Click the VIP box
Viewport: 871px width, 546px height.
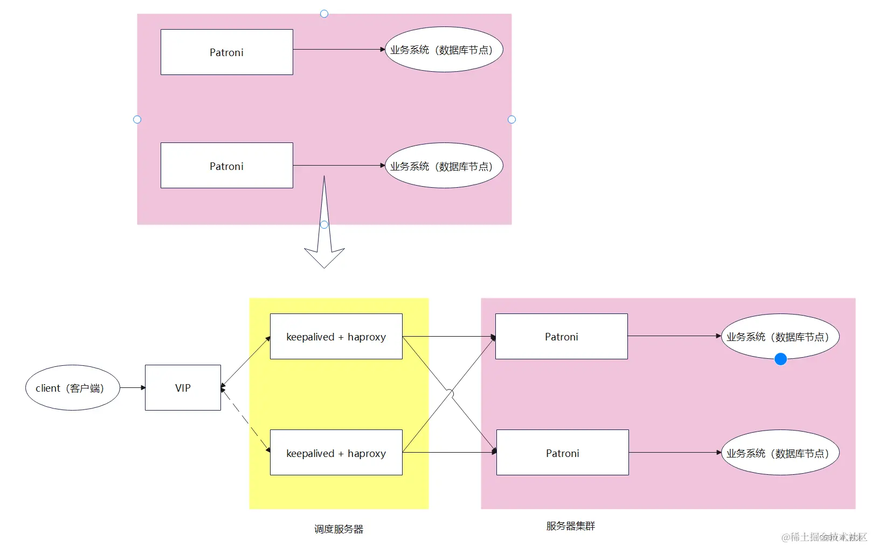pyautogui.click(x=183, y=387)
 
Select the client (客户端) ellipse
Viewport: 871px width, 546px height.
pyautogui.click(x=72, y=387)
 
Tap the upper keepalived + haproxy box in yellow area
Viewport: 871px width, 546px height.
pyautogui.click(x=336, y=336)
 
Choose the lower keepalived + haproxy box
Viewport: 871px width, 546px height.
pyautogui.click(x=336, y=452)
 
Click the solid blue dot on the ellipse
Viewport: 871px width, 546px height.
pyautogui.click(x=780, y=359)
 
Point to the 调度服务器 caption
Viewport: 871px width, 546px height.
pyautogui.click(x=338, y=529)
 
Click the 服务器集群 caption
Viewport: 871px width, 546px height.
pyautogui.click(x=570, y=525)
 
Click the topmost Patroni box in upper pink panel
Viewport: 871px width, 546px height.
pyautogui.click(x=226, y=52)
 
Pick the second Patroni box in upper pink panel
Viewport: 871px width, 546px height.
pyautogui.click(x=226, y=165)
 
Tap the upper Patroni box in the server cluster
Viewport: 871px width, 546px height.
pyautogui.click(x=561, y=336)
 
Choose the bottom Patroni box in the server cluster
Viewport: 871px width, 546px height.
pyautogui.click(x=562, y=452)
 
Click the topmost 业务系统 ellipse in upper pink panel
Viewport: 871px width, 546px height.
pyautogui.click(x=444, y=50)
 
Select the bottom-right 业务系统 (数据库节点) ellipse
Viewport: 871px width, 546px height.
pyautogui.click(x=780, y=452)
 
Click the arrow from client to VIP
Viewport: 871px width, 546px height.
pyautogui.click(x=132, y=387)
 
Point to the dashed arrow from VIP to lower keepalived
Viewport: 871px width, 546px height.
pyautogui.click(x=245, y=419)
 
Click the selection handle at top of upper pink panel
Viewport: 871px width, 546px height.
pyautogui.click(x=324, y=13)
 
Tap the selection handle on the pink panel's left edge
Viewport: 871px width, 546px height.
pyautogui.click(x=137, y=119)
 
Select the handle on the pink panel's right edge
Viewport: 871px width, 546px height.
pyautogui.click(x=511, y=119)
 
